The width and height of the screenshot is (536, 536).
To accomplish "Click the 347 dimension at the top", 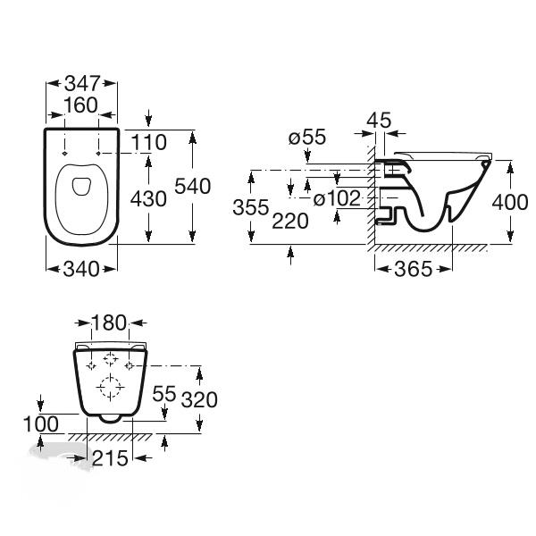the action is click(82, 83).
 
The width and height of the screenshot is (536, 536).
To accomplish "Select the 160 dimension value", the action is click(80, 105).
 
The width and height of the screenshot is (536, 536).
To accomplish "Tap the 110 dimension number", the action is click(148, 142).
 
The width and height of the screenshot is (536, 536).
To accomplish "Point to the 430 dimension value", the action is click(148, 198).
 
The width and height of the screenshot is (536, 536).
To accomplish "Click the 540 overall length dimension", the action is click(192, 187).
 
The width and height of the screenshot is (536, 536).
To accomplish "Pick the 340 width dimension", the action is click(81, 269).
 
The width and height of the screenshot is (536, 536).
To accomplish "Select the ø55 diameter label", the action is click(307, 138).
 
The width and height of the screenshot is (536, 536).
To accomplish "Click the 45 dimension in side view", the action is click(379, 120).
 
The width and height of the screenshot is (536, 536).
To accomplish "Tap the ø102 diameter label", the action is click(337, 198).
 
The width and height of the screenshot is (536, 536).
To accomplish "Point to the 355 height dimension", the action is click(251, 207).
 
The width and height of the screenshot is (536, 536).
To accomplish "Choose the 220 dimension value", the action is click(290, 221).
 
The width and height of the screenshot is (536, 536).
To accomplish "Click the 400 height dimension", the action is click(510, 202).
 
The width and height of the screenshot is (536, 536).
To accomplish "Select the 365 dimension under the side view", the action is click(414, 269).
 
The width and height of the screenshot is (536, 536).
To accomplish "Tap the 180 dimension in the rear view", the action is click(109, 322).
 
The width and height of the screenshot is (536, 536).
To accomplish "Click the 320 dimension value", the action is click(199, 399).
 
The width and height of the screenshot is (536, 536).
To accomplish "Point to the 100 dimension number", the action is click(41, 424).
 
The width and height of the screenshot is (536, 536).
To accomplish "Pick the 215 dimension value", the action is click(110, 458).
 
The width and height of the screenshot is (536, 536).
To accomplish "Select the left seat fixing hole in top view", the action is click(64, 153).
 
